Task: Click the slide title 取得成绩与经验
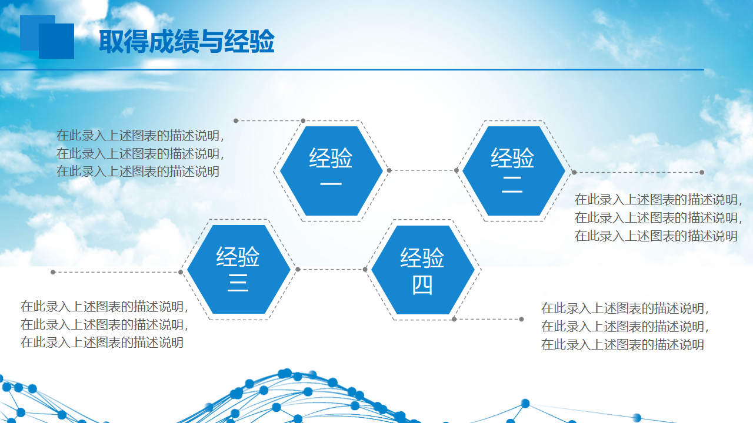(x=186, y=41)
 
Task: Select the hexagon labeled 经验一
(x=331, y=171)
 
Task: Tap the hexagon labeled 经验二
(x=514, y=171)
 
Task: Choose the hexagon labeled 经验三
(x=239, y=269)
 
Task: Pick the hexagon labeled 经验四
(x=422, y=270)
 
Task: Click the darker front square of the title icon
(x=56, y=41)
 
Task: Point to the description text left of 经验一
(x=140, y=153)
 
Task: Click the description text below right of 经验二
(x=658, y=217)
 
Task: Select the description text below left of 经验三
(x=104, y=324)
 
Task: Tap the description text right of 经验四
(x=625, y=326)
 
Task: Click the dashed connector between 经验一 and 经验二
(x=423, y=170)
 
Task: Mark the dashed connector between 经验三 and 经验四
(x=331, y=269)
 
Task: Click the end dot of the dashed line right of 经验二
(x=702, y=172)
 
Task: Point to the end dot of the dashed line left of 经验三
(x=53, y=272)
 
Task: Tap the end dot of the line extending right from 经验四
(x=521, y=319)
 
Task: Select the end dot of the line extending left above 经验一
(x=236, y=120)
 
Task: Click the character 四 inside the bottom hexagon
(x=422, y=286)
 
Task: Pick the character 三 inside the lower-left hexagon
(x=238, y=283)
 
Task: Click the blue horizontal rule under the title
(x=352, y=69)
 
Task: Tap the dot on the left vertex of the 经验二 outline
(x=457, y=170)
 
